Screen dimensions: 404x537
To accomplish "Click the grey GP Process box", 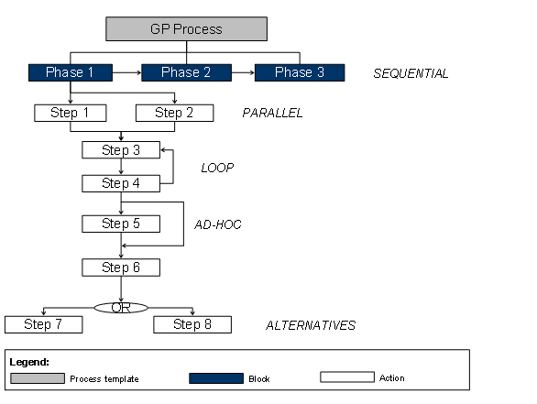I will pyautogui.click(x=186, y=28).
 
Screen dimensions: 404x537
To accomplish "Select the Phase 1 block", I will pyautogui.click(x=70, y=72).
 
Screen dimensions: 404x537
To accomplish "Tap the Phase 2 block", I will pyautogui.click(x=183, y=72).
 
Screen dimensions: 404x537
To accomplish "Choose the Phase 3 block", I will pyautogui.click(x=299, y=72).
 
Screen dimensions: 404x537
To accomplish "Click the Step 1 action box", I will pyautogui.click(x=70, y=114).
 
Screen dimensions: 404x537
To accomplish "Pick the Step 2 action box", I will pyautogui.click(x=174, y=114).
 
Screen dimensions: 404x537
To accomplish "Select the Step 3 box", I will pyautogui.click(x=121, y=150).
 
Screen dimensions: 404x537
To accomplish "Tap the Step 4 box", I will pyautogui.click(x=121, y=183).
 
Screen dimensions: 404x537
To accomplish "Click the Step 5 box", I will pyautogui.click(x=121, y=224).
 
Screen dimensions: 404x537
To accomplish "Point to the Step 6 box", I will pyautogui.click(x=121, y=268).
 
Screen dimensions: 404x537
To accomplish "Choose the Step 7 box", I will pyautogui.click(x=43, y=324).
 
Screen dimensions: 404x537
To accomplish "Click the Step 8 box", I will pyautogui.click(x=192, y=324).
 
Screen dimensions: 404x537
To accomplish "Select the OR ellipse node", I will pyautogui.click(x=121, y=307).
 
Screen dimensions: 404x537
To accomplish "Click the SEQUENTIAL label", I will pyautogui.click(x=411, y=73).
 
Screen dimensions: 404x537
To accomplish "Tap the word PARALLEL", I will pyautogui.click(x=272, y=114).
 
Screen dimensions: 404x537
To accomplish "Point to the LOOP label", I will pyautogui.click(x=217, y=168).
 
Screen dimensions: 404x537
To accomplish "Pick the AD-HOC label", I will pyautogui.click(x=218, y=224).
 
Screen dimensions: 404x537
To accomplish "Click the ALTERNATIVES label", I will pyautogui.click(x=310, y=325).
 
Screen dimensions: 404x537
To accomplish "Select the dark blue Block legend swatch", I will pyautogui.click(x=216, y=377).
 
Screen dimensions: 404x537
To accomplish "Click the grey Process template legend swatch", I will pyautogui.click(x=38, y=377).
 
